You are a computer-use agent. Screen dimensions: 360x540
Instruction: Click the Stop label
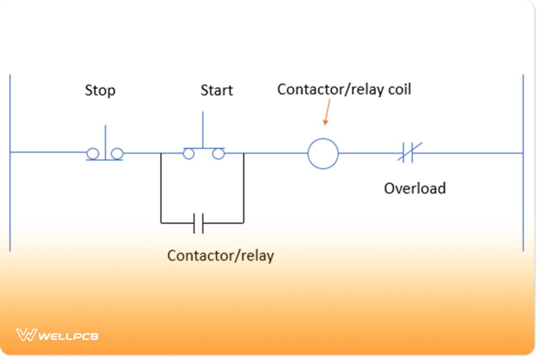pos(100,90)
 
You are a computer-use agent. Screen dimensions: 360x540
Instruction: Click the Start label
pos(216,90)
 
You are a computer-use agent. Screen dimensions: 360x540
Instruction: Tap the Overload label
pos(414,188)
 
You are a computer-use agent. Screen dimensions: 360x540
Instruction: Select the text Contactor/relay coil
pos(344,90)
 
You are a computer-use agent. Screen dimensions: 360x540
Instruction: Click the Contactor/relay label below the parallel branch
pos(220,256)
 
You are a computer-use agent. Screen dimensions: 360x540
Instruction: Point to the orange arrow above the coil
pos(327,112)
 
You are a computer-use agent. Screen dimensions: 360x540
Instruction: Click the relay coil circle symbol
pos(323,153)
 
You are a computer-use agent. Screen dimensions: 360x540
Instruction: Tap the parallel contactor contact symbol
pos(198,223)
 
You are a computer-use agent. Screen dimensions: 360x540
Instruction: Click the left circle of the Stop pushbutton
pos(93,154)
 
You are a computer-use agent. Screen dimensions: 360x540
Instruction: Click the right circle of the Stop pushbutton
pos(117,154)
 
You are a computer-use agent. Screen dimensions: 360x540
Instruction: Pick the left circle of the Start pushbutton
pos(189,154)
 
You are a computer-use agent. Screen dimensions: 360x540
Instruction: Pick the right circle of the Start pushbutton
pos(219,154)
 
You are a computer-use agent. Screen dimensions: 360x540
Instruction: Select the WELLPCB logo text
pos(68,336)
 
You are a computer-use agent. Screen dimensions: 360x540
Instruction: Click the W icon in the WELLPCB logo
pos(26,335)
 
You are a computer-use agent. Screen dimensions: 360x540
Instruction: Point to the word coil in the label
pos(400,90)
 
